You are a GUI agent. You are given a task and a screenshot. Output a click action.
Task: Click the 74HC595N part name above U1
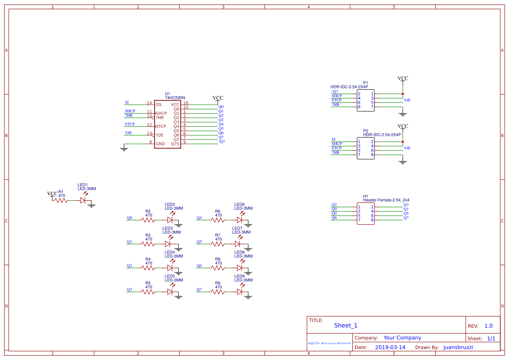pyautogui.click(x=175, y=98)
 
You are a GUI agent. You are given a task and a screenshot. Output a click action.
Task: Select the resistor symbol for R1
pyautogui.click(x=62, y=201)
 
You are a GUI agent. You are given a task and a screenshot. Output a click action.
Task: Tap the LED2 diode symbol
pyautogui.click(x=170, y=220)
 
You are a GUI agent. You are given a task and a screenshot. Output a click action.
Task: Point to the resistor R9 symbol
pyautogui.click(x=219, y=292)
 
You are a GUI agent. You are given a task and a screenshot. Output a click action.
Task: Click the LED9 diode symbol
pyautogui.click(x=240, y=292)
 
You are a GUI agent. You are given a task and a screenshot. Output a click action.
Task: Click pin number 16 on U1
pyautogui.click(x=185, y=103)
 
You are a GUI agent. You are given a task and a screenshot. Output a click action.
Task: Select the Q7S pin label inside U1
pyautogui.click(x=175, y=144)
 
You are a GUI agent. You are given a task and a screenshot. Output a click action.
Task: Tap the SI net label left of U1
pyautogui.click(x=127, y=103)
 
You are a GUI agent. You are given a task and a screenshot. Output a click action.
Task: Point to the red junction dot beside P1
pyautogui.click(x=403, y=94)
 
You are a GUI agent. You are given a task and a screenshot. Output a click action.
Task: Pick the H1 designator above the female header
pyautogui.click(x=365, y=196)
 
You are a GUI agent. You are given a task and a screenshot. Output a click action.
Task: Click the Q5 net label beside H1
pyautogui.click(x=406, y=214)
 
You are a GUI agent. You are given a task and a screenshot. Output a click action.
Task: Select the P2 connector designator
pyautogui.click(x=365, y=131)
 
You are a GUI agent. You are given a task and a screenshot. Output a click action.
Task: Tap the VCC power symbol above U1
pyautogui.click(x=218, y=98)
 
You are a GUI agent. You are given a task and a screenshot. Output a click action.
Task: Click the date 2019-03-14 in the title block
pyautogui.click(x=390, y=347)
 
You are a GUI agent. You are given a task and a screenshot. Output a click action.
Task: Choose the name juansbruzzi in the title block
pyautogui.click(x=458, y=347)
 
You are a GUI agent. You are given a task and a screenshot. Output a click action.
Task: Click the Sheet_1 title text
pyautogui.click(x=346, y=326)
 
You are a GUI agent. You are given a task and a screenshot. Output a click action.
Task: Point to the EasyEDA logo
pyautogui.click(x=329, y=343)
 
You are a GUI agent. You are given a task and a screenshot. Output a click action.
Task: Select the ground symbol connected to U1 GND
pyautogui.click(x=124, y=149)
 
